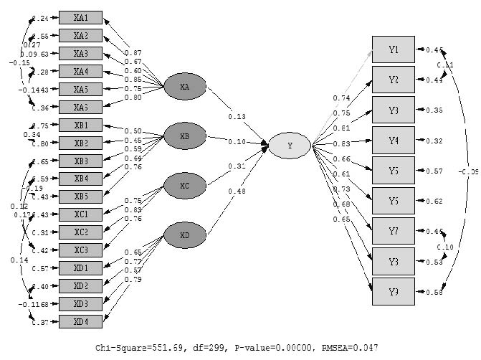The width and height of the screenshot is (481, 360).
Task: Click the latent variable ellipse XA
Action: (185, 87)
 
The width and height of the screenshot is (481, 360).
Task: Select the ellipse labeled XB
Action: (185, 135)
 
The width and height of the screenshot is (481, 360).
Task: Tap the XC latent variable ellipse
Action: (185, 186)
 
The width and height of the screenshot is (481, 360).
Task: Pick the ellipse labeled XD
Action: (185, 235)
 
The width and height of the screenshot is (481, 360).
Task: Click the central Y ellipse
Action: (290, 146)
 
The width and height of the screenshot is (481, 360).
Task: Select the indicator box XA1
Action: (80, 17)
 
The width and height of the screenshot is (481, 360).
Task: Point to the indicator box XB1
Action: (80, 125)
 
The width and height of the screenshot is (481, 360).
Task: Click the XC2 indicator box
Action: (80, 232)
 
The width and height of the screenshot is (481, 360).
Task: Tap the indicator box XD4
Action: (80, 322)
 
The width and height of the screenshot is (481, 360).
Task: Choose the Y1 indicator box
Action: (393, 49)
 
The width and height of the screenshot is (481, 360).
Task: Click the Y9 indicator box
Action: (393, 292)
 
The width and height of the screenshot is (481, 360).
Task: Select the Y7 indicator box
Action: (393, 231)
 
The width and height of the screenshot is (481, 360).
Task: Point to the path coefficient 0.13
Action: (236, 117)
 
